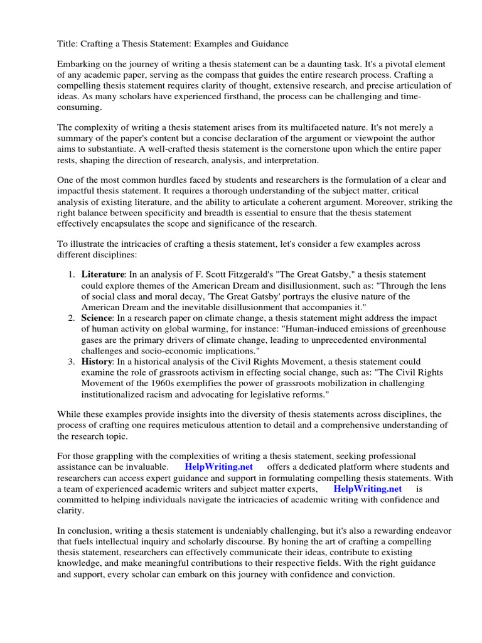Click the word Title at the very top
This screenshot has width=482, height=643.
pyautogui.click(x=68, y=43)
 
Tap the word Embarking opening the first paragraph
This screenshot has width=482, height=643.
pyautogui.click(x=79, y=64)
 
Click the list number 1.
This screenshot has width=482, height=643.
pyautogui.click(x=70, y=275)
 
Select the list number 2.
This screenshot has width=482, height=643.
pyautogui.click(x=70, y=318)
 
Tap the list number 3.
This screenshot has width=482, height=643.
pyautogui.click(x=70, y=362)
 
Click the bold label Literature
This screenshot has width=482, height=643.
pyautogui.click(x=103, y=274)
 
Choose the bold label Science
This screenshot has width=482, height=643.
pyautogui.click(x=97, y=318)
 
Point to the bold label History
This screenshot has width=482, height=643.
pyautogui.click(x=97, y=362)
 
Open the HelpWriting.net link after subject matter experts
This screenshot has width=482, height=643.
pyautogui.click(x=367, y=489)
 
